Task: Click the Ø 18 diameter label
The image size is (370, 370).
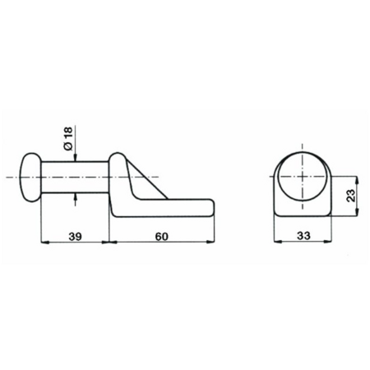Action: (68, 138)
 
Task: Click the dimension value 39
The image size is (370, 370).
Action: (75, 236)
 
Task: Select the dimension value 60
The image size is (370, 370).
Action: (161, 236)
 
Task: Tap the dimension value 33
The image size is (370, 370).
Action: (303, 235)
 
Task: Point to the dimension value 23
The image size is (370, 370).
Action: (351, 196)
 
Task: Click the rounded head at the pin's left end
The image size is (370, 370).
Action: (30, 178)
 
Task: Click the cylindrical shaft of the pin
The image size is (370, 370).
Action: (75, 177)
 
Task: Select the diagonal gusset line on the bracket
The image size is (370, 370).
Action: (147, 179)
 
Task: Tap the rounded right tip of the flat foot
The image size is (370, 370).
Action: (211, 208)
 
